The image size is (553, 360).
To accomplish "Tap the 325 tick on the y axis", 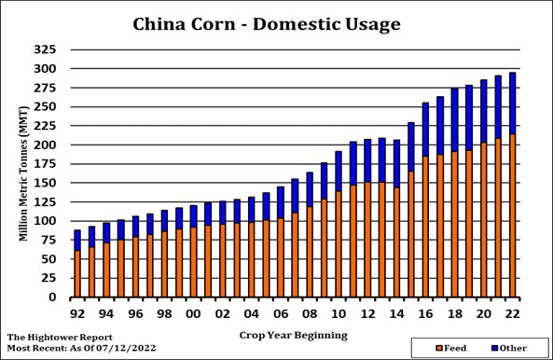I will click(x=46, y=48).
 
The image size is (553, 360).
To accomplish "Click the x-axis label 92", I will click(x=76, y=314).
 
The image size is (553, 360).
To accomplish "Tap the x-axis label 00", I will click(x=193, y=314).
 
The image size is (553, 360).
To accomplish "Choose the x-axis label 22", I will click(x=512, y=314).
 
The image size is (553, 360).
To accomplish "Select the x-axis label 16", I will click(x=425, y=314).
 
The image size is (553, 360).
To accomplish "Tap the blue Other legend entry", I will click(x=507, y=347).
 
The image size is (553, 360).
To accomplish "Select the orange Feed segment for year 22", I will click(x=512, y=215).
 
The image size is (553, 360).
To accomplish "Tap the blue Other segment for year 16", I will click(x=425, y=130).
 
